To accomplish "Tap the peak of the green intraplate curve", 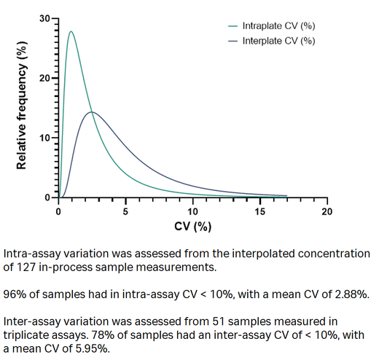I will click(71, 31).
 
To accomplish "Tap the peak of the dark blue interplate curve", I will click(91, 112).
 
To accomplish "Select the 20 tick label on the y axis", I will click(45, 78).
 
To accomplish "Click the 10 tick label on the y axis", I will click(45, 138).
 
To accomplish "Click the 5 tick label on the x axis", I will click(125, 211).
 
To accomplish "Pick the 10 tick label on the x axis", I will click(192, 211).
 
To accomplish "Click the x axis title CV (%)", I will click(192, 227).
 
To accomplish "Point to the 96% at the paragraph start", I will click(15, 294).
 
